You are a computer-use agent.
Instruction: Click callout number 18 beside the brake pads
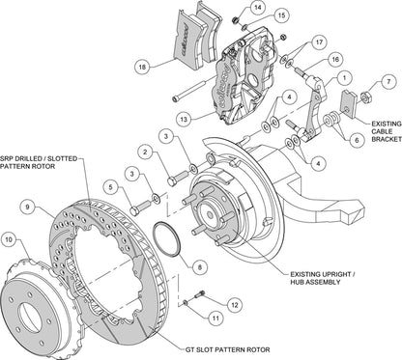(x=144, y=69)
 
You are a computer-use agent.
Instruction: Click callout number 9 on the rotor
(x=28, y=204)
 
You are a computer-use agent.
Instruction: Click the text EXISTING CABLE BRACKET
(x=370, y=129)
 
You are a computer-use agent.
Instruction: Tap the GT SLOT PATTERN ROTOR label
(x=225, y=351)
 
